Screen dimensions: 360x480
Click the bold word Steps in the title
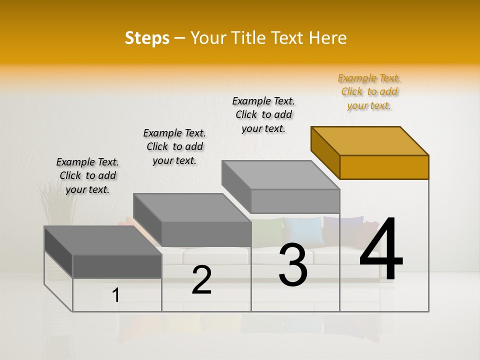pos(147,38)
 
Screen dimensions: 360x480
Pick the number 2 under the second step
pos(201,280)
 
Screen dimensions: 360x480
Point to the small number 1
pos(116,295)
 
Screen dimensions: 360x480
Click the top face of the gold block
pos(369,141)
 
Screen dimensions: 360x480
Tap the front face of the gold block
pos(384,167)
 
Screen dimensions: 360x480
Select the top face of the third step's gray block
pos(280,175)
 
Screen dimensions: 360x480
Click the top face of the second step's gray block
pos(191,208)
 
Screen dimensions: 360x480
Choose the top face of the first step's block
pos(102,240)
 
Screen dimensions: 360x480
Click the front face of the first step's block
pos(117,265)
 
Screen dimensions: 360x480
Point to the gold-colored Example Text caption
pos(369,92)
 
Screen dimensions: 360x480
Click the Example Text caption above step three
pos(263,114)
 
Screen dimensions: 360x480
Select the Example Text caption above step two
pos(174,146)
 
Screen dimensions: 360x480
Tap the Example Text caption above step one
pos(87,175)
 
